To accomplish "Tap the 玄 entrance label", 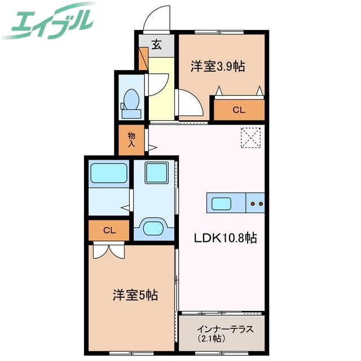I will coord(156,46).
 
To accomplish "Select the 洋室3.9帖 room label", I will coord(217,67).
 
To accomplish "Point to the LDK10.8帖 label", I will coord(226,238).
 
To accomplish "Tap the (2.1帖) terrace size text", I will coord(212,339).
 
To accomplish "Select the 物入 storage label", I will coord(131,139).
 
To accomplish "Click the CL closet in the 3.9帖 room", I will coord(239,109).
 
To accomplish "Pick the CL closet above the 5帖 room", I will coord(109,230).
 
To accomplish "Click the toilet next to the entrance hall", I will coord(131,102).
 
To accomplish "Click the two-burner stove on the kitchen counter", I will coord(257,202).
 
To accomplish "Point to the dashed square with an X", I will coord(250,138).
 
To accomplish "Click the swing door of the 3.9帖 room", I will coord(191,104).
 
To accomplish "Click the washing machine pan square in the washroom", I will coord(155,173).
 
